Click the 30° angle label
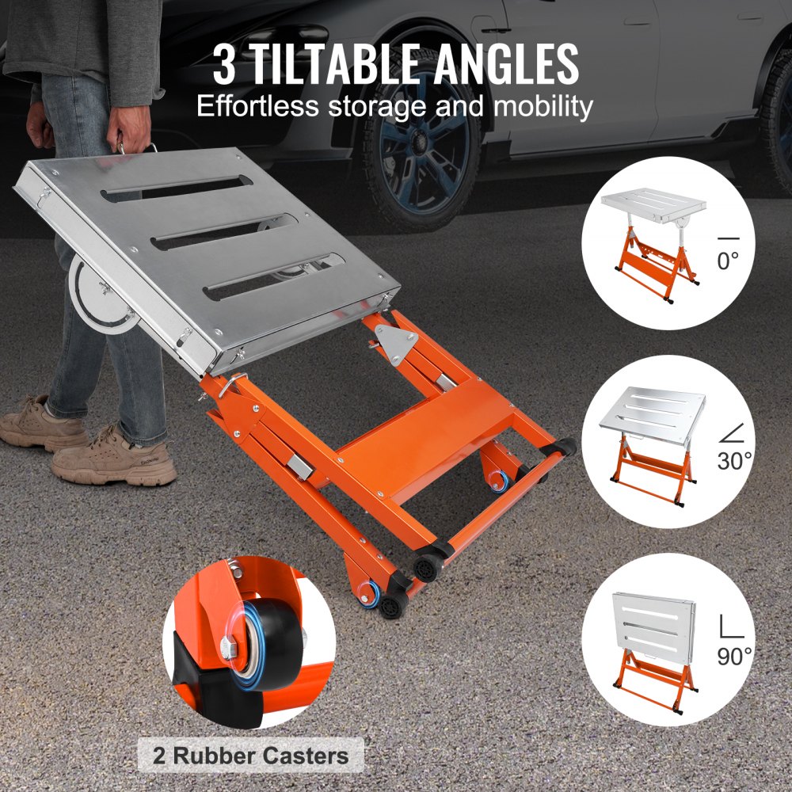[734, 460]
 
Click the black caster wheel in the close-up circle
[270, 638]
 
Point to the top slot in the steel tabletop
[178, 188]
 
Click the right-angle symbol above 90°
[729, 626]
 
